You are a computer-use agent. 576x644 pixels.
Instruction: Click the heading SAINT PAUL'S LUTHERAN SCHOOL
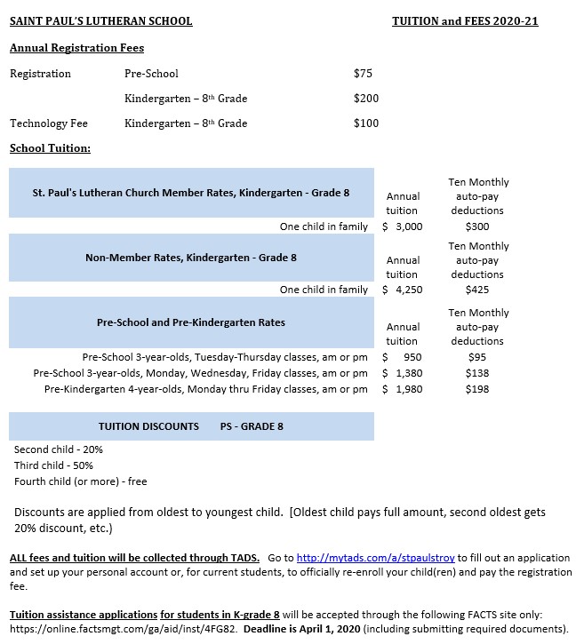point(100,20)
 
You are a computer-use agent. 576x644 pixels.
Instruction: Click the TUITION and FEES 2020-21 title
point(464,20)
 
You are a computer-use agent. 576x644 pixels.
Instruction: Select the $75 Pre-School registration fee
point(363,74)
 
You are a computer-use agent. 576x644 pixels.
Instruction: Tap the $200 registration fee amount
point(365,99)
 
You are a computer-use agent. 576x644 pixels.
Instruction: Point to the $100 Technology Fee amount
point(365,123)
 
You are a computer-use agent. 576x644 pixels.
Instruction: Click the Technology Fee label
point(48,123)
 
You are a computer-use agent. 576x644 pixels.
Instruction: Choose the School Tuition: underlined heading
point(50,148)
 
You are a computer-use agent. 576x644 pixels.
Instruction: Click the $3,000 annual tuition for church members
point(403,227)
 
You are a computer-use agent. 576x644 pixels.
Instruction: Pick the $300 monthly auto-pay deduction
point(477,227)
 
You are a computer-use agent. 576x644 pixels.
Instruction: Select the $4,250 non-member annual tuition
point(403,290)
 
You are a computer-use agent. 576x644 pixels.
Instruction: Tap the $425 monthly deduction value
point(477,290)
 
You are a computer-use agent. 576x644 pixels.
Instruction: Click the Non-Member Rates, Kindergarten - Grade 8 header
point(191,258)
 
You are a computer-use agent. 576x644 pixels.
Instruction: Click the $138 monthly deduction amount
point(477,373)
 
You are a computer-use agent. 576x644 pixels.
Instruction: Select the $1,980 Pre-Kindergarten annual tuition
point(403,389)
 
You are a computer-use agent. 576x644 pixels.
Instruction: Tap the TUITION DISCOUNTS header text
point(148,426)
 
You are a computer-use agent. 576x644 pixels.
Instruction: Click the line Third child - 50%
point(53,465)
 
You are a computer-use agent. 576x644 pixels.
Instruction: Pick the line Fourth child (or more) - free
point(80,481)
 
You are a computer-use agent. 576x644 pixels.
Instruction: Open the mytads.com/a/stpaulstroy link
point(375,558)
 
